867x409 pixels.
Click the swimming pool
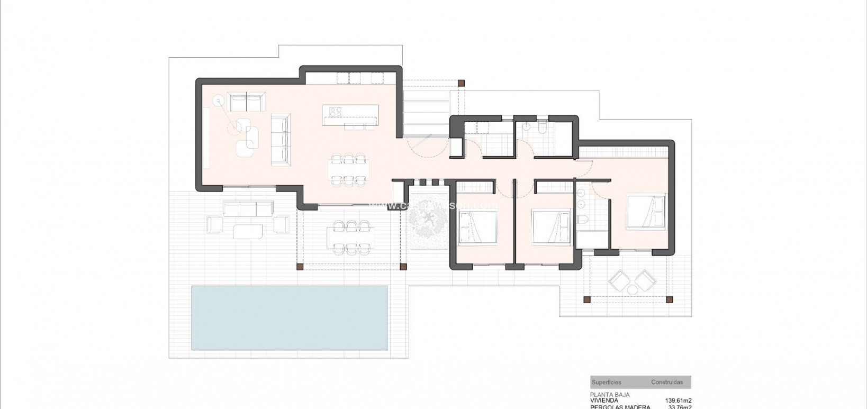[x=289, y=317]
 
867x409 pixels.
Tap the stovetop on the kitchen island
[x=335, y=111]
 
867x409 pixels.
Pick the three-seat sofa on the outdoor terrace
[x=248, y=209]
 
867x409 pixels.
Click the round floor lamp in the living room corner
[x=218, y=100]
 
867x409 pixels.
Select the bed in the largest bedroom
[x=645, y=212]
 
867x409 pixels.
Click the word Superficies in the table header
[x=607, y=382]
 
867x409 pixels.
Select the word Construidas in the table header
[x=667, y=382]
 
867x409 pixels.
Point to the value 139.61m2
[x=678, y=401]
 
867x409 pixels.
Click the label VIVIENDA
[x=603, y=401]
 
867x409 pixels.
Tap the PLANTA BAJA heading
[x=610, y=395]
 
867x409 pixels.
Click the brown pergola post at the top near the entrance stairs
[x=461, y=83]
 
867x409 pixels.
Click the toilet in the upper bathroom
[x=544, y=128]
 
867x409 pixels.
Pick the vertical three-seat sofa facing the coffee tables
[x=280, y=138]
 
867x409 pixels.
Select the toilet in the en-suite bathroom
[x=583, y=220]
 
